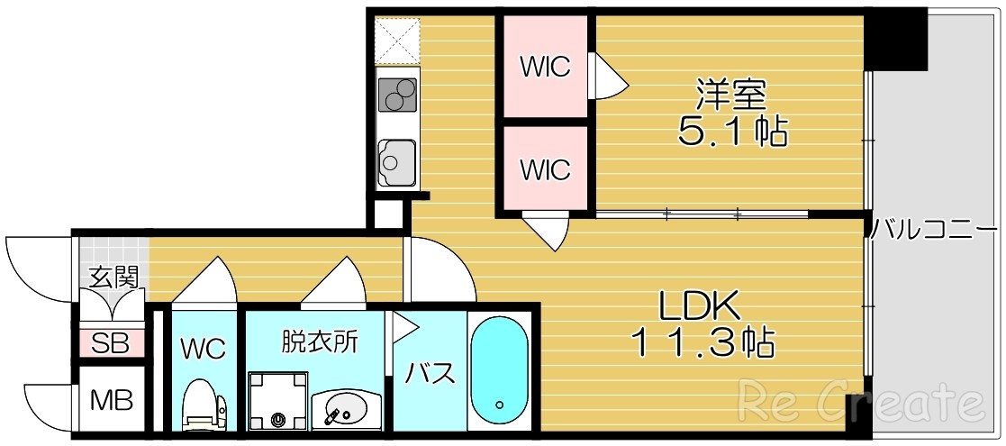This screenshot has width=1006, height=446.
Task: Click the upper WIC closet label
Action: coord(545,67)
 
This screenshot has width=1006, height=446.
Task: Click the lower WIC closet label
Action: coord(545,168)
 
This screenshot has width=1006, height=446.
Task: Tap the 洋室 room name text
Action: coord(730,95)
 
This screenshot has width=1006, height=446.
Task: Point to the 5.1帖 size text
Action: coord(732,132)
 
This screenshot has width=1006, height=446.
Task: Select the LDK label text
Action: coord(700,307)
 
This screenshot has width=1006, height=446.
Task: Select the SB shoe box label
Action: coord(112,343)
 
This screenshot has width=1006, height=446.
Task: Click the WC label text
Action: coord(203,349)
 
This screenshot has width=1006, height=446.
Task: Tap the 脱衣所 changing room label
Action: coord(320,341)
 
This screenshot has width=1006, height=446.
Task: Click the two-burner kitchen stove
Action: coord(397,93)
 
